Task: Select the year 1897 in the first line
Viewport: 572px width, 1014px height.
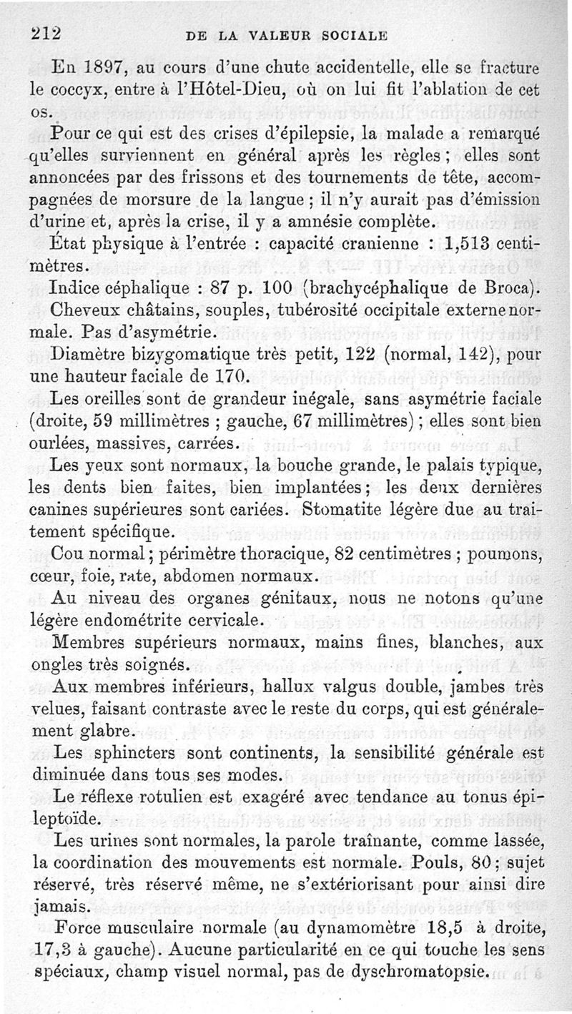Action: [x=96, y=69]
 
